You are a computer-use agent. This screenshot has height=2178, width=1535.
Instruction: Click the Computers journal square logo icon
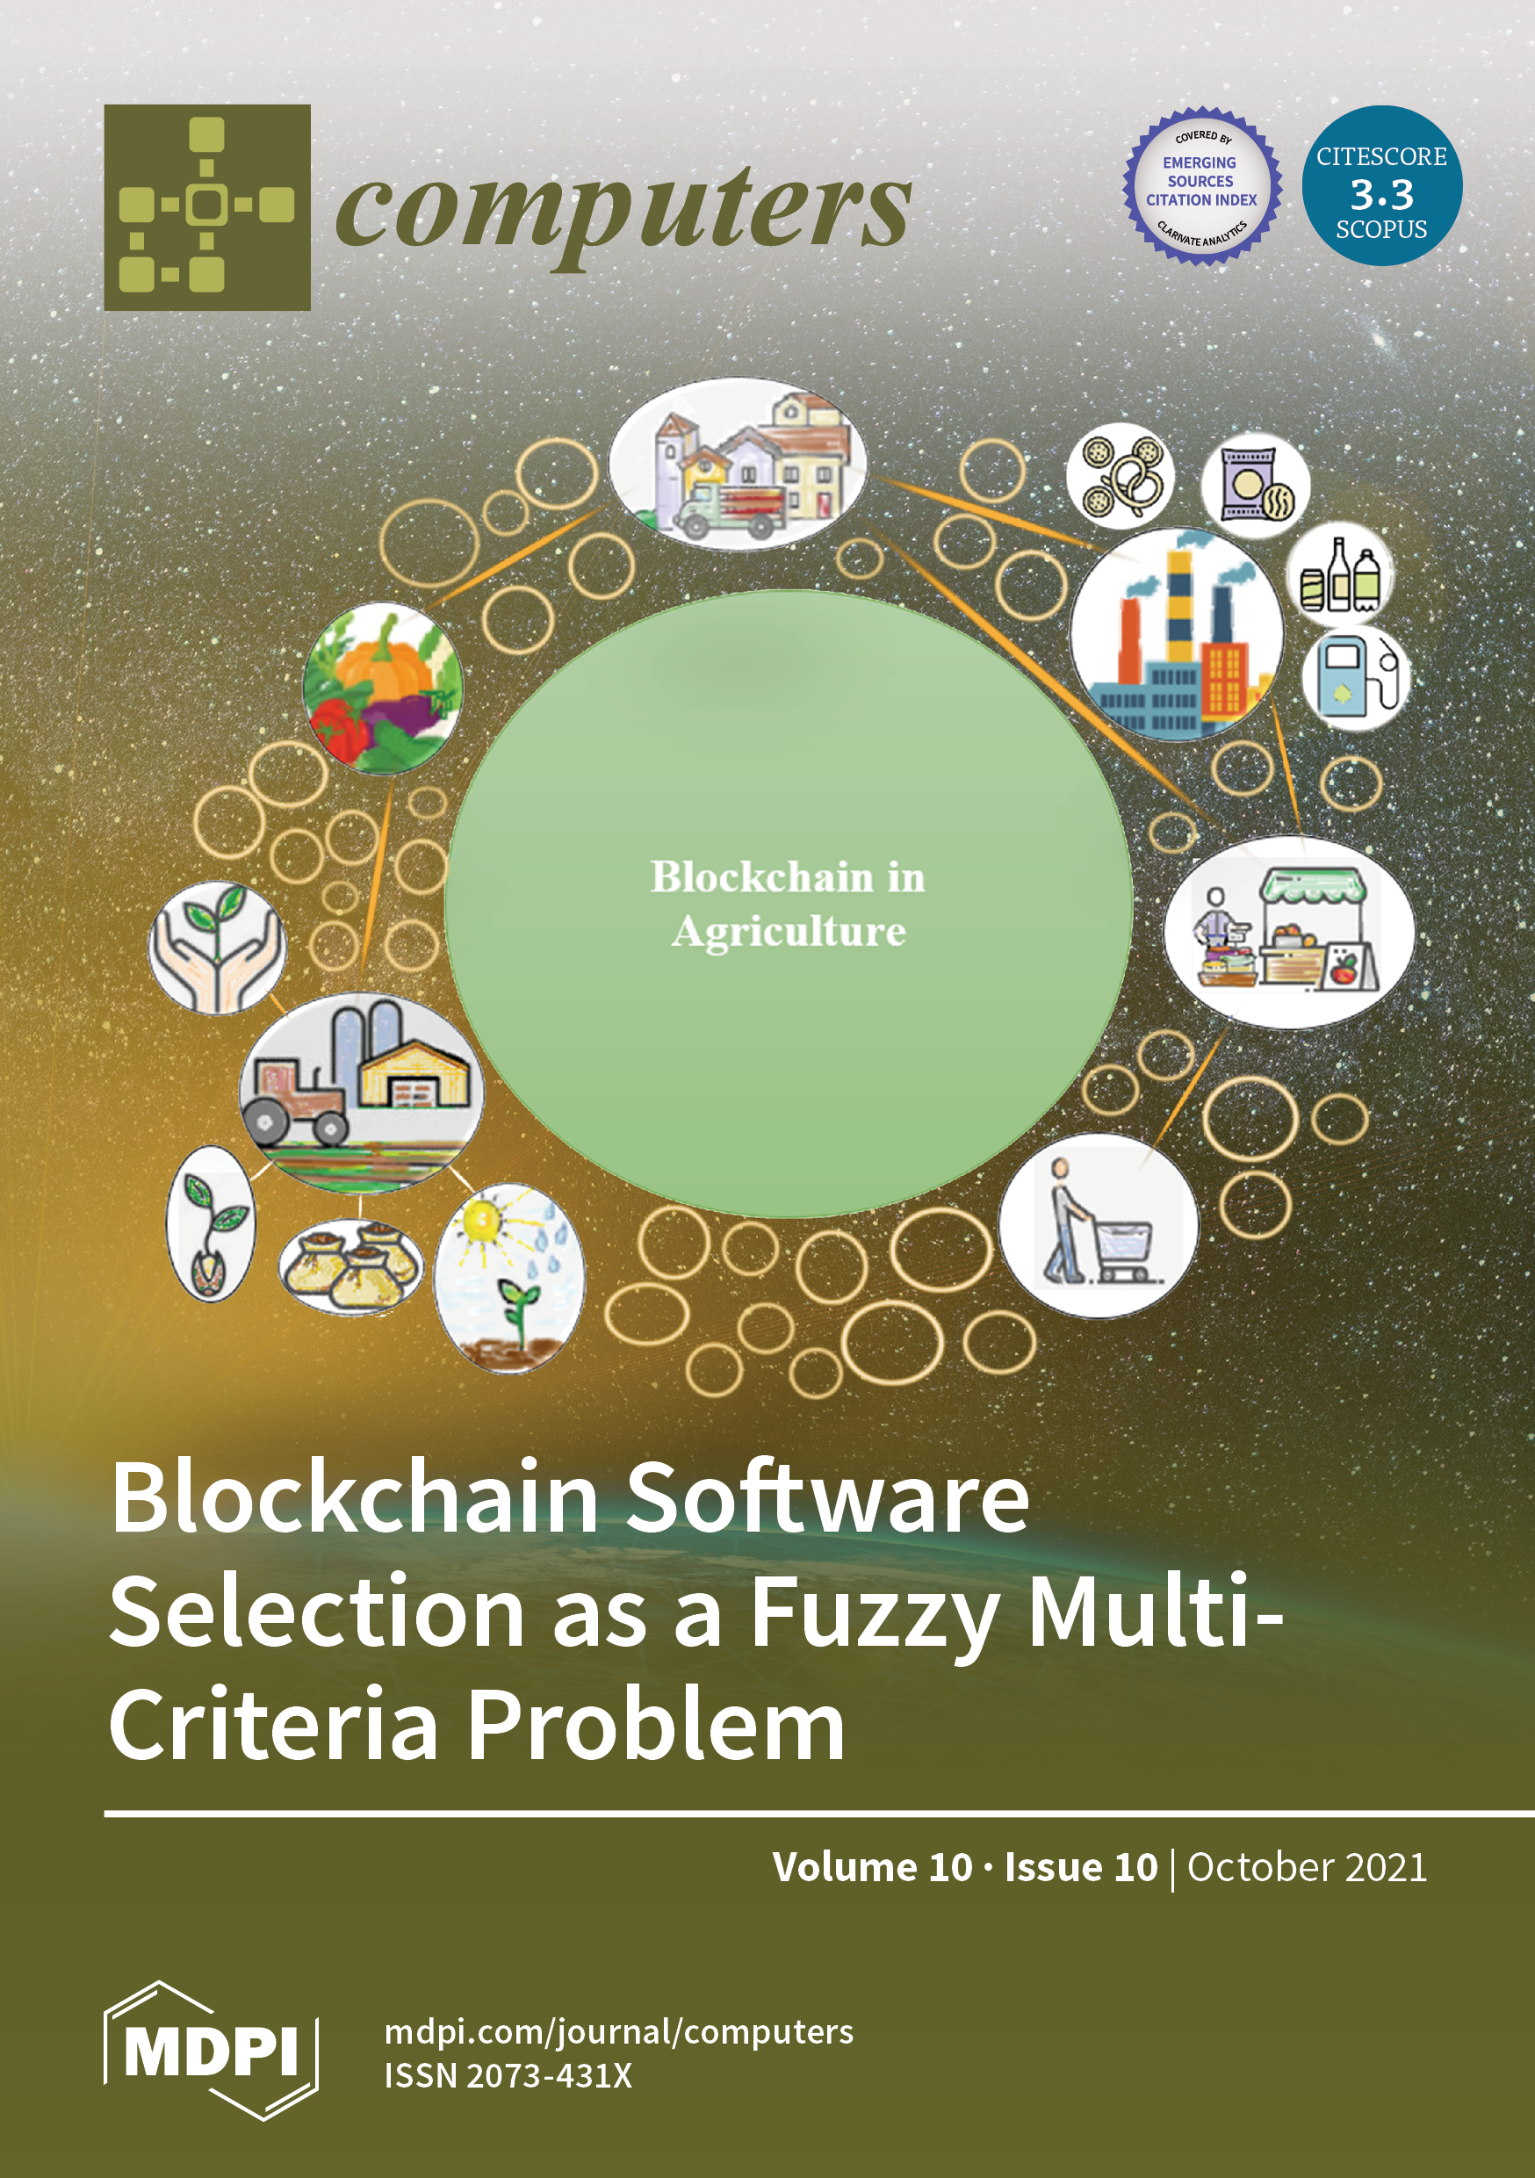click(x=207, y=206)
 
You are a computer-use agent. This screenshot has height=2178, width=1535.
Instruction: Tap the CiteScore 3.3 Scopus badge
click(x=1381, y=185)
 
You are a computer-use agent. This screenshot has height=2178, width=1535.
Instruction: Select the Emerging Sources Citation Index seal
click(x=1202, y=186)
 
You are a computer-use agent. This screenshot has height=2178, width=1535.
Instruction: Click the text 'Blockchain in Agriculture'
click(x=788, y=903)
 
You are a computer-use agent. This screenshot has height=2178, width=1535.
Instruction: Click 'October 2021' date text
click(x=1307, y=1867)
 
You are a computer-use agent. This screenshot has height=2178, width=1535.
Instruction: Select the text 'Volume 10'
click(x=872, y=1867)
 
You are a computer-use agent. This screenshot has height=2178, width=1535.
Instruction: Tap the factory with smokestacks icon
click(x=1177, y=634)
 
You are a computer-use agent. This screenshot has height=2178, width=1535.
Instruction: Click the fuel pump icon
click(x=1355, y=675)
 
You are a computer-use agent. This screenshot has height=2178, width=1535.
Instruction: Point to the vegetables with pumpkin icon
click(x=383, y=689)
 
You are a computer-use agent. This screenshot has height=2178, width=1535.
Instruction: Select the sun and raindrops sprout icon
click(x=509, y=1277)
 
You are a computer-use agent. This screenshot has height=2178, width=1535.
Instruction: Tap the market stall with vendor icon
click(x=1288, y=933)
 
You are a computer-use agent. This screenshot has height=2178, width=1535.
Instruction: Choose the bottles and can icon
click(x=1339, y=576)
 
